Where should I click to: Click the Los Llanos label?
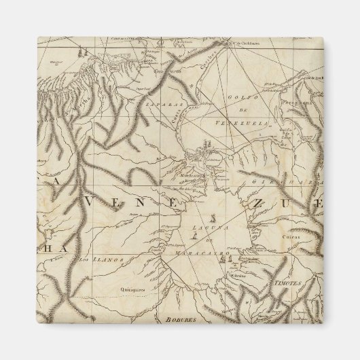(95, 259)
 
